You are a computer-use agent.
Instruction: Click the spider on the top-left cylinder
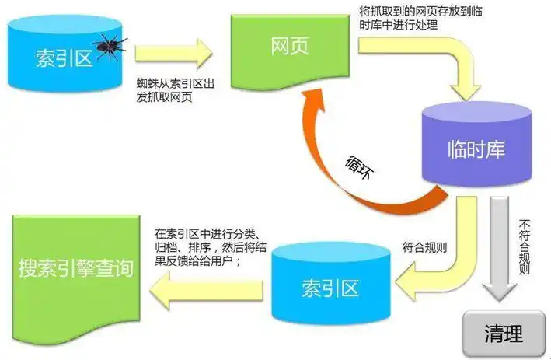click(x=108, y=46)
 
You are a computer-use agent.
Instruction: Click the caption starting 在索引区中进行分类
click(x=208, y=248)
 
